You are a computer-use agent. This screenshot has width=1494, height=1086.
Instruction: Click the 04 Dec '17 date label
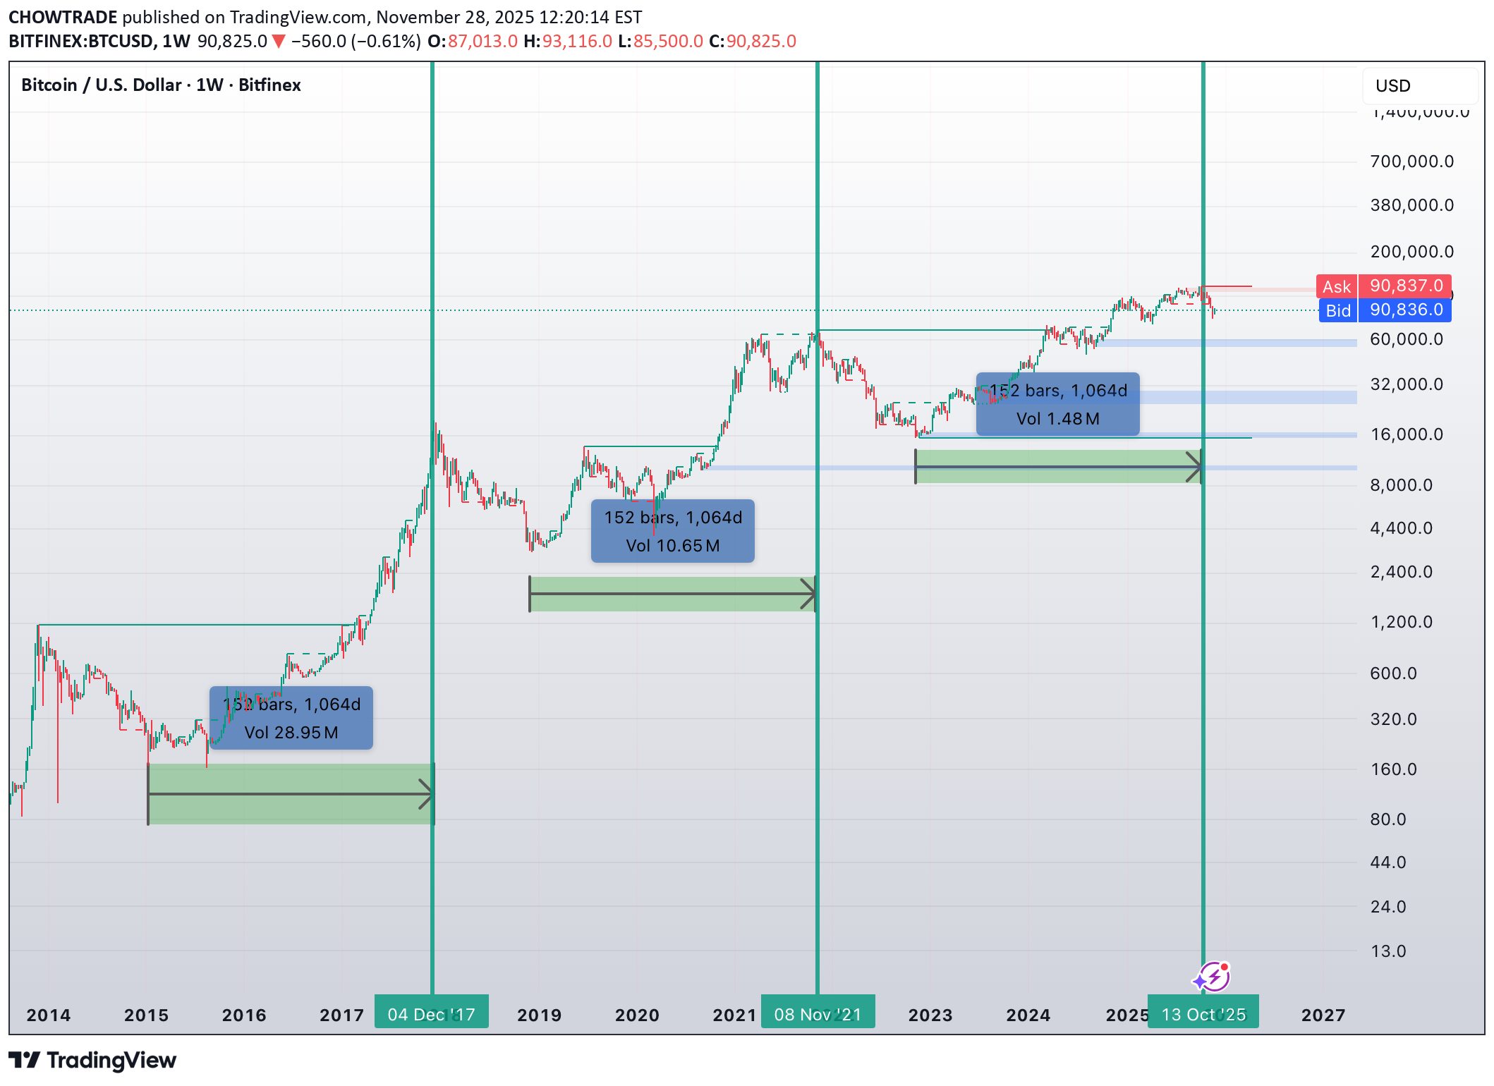click(431, 1014)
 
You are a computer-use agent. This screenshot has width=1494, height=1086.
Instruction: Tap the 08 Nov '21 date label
click(818, 1014)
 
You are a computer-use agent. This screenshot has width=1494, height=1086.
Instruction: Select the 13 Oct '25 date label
click(1203, 1014)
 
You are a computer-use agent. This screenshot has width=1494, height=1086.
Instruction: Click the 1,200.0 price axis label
click(1401, 622)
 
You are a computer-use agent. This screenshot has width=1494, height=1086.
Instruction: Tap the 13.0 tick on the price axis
click(1387, 951)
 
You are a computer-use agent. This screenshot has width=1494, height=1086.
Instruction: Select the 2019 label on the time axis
click(539, 1015)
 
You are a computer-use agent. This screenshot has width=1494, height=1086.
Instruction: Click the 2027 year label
click(1323, 1015)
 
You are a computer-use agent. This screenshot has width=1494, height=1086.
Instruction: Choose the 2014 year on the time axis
click(48, 1015)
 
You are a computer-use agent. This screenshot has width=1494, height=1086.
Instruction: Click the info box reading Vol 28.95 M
click(291, 718)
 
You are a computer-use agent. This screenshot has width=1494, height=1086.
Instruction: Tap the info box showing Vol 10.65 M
click(672, 531)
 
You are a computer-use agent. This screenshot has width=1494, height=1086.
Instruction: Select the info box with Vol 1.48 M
click(1057, 404)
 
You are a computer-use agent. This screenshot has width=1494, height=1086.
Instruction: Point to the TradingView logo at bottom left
click(92, 1060)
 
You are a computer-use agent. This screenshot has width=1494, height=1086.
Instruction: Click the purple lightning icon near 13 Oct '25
click(1213, 977)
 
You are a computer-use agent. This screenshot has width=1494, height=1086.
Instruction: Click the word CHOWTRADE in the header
click(63, 17)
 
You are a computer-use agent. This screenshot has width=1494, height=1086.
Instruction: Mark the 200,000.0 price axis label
click(1411, 252)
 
